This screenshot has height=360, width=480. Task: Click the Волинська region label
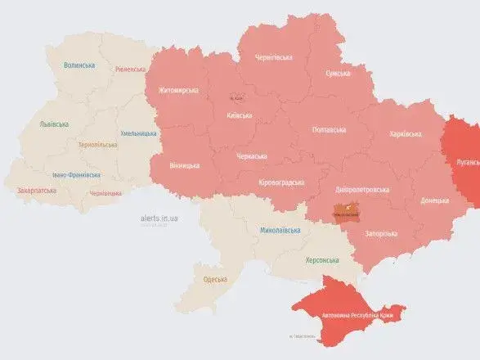[x=80, y=65]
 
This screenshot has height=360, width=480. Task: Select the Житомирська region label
[x=179, y=90]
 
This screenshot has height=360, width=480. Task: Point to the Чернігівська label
[x=273, y=57]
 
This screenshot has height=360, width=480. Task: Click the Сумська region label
[x=339, y=74]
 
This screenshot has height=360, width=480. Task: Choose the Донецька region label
[x=434, y=200]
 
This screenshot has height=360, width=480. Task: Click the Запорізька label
[x=380, y=233]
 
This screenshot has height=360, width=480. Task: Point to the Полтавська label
[x=329, y=130]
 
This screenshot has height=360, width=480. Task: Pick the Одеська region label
[x=217, y=280]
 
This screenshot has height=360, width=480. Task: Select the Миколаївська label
[x=280, y=231]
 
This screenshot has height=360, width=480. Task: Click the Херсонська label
[x=322, y=260]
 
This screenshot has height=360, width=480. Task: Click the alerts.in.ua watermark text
[x=159, y=219]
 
